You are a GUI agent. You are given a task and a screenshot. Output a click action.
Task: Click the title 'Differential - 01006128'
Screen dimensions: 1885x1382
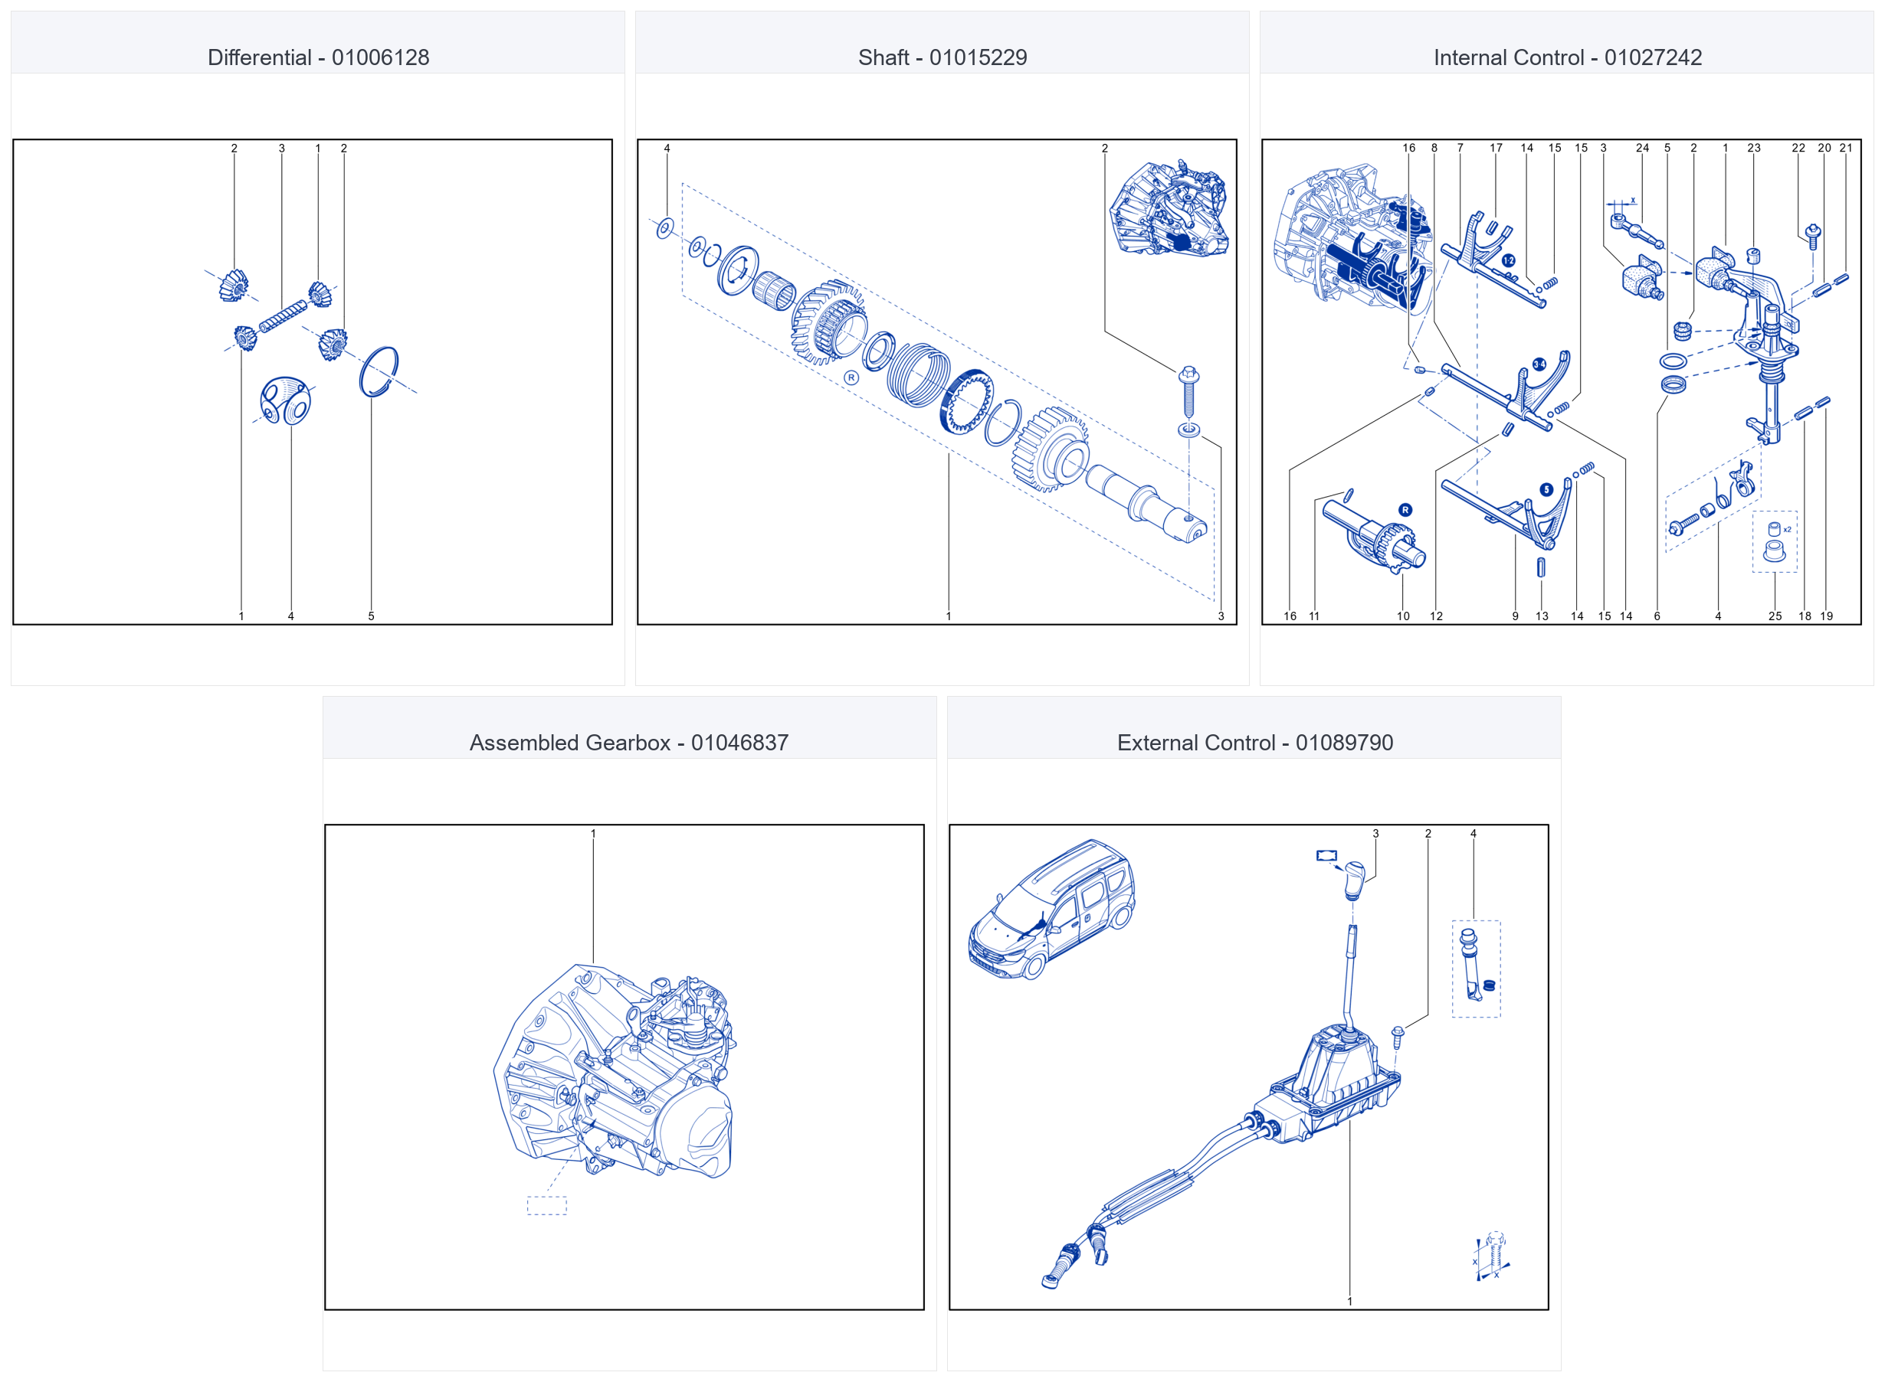(318, 57)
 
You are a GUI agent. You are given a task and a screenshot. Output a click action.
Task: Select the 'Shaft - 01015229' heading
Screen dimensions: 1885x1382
(942, 57)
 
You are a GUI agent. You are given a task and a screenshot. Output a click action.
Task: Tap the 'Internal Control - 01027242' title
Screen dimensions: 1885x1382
(1568, 57)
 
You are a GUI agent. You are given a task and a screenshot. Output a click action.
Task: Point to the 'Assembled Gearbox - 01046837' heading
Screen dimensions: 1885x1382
(628, 743)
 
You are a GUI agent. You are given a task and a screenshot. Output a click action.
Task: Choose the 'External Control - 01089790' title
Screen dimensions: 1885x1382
(1254, 743)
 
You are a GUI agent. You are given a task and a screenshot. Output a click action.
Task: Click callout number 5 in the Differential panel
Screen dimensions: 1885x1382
(371, 616)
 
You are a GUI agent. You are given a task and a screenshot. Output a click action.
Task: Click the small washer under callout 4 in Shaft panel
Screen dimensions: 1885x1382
(665, 227)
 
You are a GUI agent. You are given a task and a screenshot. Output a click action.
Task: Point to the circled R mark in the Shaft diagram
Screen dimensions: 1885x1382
(851, 378)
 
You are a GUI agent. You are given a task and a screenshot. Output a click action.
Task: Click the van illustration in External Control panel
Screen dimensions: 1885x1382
(1051, 910)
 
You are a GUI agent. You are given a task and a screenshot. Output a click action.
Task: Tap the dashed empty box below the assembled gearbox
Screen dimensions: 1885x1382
(546, 1205)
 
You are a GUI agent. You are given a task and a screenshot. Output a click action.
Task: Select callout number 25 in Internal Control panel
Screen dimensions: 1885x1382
(1775, 616)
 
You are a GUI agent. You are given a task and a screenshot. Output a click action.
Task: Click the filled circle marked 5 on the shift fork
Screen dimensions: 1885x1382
(1546, 490)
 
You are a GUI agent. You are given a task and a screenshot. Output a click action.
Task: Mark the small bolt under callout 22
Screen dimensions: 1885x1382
(1813, 236)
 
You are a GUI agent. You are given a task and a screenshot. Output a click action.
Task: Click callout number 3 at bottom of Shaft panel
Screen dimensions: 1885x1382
(1221, 616)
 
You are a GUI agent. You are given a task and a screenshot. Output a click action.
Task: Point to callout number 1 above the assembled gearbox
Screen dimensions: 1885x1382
(593, 834)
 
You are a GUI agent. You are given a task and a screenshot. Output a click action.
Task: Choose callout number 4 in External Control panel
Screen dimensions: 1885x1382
(1474, 834)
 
